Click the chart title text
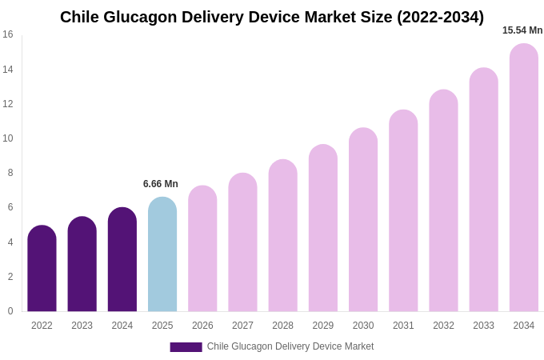(272, 17)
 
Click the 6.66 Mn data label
(161, 184)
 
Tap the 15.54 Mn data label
(522, 30)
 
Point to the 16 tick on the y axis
(8, 34)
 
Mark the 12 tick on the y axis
(8, 104)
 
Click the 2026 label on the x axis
(202, 326)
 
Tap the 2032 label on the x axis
(443, 326)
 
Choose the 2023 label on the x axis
(82, 326)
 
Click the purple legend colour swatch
(186, 347)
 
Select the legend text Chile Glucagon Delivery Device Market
(290, 346)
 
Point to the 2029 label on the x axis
(323, 326)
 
